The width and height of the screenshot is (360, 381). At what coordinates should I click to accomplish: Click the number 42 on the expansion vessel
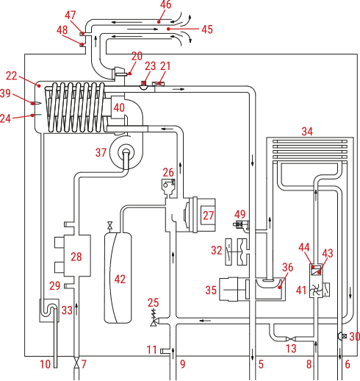(120, 279)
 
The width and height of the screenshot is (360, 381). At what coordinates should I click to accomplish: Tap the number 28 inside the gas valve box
(76, 257)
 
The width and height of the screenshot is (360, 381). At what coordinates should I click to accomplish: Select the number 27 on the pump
(208, 216)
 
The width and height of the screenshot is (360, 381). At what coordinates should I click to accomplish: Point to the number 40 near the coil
(119, 107)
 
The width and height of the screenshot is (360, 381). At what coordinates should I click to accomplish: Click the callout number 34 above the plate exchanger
(307, 132)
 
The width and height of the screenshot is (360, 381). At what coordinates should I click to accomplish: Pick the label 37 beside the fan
(101, 152)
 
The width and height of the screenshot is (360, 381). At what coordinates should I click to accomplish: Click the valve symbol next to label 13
(291, 339)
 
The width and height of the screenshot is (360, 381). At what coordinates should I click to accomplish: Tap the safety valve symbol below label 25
(154, 321)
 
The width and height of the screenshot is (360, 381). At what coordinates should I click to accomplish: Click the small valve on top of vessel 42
(109, 225)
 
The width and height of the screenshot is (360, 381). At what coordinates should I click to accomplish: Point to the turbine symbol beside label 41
(316, 291)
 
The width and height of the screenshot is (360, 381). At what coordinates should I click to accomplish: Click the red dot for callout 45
(168, 29)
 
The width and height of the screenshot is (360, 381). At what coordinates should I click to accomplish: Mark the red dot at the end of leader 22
(39, 85)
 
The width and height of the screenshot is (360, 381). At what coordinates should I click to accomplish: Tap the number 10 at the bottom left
(46, 364)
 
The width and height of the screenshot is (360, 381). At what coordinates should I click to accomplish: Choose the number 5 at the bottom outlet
(261, 364)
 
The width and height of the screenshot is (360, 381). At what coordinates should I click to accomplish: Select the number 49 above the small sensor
(240, 214)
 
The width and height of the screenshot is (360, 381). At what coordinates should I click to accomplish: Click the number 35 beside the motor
(211, 290)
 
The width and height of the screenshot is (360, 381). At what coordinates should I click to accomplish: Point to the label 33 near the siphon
(67, 310)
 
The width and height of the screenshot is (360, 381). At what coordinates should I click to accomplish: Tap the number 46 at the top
(166, 4)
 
